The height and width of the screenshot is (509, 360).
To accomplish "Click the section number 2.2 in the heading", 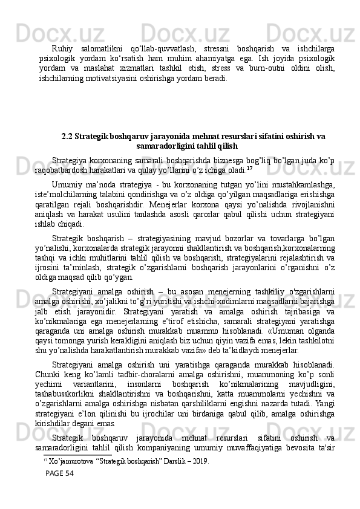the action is tap(68, 135).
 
